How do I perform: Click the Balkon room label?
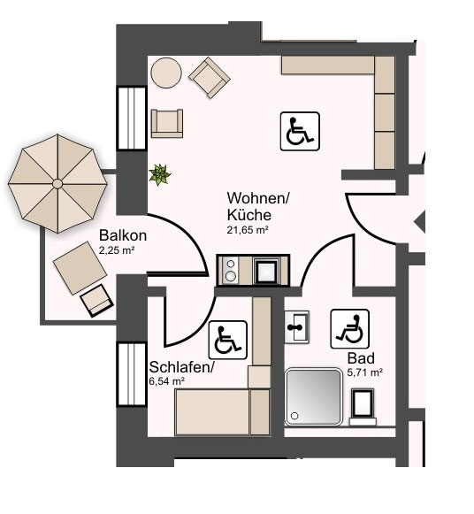(x=123, y=235)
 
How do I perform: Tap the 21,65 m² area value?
(x=248, y=230)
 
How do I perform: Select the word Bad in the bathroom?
(x=361, y=358)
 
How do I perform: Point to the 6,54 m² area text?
(x=167, y=381)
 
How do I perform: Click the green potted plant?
(x=160, y=174)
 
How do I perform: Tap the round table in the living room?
(x=166, y=73)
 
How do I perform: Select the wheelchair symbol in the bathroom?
(x=350, y=329)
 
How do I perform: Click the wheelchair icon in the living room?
(x=300, y=131)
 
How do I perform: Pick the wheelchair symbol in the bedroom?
(x=227, y=340)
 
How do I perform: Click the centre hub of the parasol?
(x=57, y=184)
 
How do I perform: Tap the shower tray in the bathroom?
(x=313, y=396)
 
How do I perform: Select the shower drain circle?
(x=294, y=416)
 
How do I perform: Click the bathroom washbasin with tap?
(x=296, y=327)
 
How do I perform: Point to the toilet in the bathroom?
(x=363, y=407)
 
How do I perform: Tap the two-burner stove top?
(x=231, y=271)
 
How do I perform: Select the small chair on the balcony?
(x=97, y=301)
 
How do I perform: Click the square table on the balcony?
(x=80, y=268)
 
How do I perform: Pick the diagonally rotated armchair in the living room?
(x=210, y=78)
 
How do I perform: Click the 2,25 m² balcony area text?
(x=117, y=250)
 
